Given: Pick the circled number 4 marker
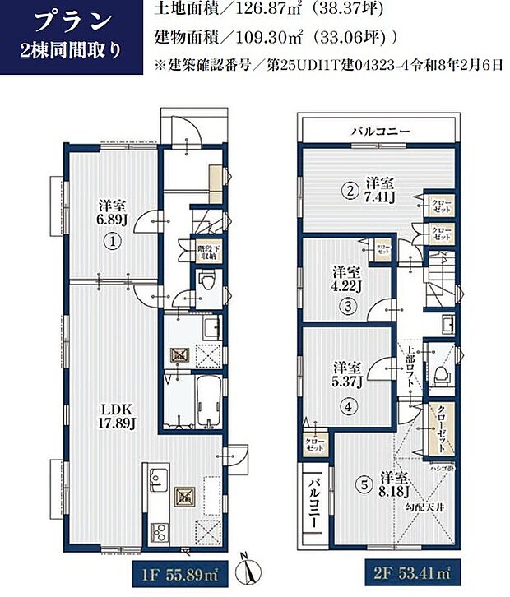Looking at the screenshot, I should coord(347,405).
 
